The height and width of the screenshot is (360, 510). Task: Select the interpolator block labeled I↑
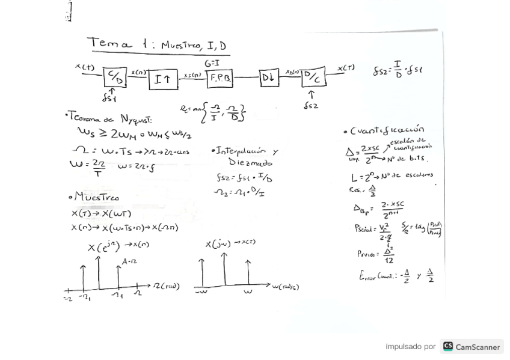[x=163, y=79]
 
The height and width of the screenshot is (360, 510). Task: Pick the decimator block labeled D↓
[x=269, y=78]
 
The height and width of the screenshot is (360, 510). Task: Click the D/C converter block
[x=313, y=77]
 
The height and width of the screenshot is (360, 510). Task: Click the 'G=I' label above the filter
[x=212, y=63]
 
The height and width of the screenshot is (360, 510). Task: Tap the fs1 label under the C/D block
[x=109, y=98]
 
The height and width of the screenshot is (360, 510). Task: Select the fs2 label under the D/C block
[x=311, y=106]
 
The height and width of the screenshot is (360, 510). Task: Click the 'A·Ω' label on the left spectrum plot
[x=130, y=262]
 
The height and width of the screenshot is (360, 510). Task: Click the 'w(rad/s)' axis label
[x=285, y=287]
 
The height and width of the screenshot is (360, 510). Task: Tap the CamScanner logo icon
[x=448, y=346]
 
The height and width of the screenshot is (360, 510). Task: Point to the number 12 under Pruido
[x=389, y=260]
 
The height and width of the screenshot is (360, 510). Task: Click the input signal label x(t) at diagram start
[x=85, y=67]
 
